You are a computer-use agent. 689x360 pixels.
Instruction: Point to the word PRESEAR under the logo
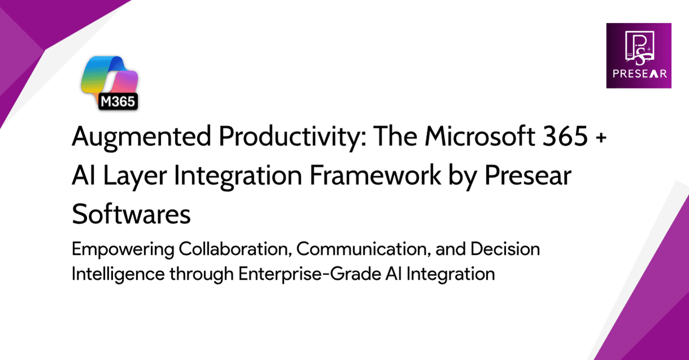click(638, 73)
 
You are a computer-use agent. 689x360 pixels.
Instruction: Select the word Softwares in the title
click(131, 215)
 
